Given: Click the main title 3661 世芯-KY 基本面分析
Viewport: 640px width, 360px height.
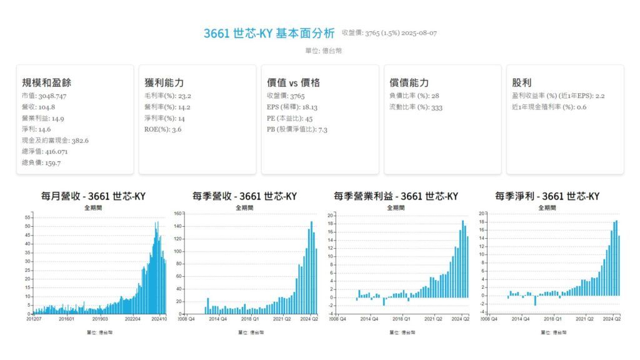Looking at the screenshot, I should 269,33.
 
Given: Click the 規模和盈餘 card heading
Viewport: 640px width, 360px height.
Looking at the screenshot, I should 46,82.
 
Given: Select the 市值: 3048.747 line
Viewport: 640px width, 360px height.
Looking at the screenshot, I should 44,96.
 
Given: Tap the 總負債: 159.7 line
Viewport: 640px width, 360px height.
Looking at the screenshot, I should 41,163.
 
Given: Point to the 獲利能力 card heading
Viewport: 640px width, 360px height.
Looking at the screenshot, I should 164,82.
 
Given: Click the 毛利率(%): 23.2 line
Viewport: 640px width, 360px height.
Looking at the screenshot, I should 167,96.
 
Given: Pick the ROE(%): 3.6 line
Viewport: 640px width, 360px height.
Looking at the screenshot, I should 162,129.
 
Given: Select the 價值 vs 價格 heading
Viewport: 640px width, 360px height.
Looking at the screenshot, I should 293,82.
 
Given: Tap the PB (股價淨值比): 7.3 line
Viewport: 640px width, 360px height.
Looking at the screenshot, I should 297,129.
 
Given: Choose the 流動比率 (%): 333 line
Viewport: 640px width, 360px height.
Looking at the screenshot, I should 416,107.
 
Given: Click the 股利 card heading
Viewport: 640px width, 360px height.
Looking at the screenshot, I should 521,82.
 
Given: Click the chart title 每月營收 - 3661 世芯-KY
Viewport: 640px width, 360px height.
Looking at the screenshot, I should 93,196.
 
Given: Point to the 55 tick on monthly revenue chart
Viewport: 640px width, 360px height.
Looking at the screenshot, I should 27,217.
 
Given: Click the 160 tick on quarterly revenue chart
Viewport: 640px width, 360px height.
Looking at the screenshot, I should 178,214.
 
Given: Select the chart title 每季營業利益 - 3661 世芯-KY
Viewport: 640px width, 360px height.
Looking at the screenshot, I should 396,196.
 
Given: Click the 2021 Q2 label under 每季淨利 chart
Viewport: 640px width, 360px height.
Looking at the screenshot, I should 585,319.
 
